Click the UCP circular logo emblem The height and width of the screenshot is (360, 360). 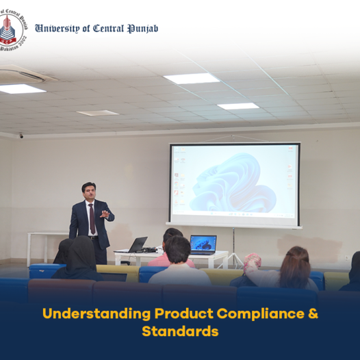pos(12,30)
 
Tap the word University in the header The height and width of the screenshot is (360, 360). pos(57,29)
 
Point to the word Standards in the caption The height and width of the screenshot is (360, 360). pos(180,331)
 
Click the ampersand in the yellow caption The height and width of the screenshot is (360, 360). pos(313,313)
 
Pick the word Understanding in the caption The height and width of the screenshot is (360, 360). pos(97,314)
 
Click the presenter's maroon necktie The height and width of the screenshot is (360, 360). pos(92,218)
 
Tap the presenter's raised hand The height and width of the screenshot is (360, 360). pos(105,214)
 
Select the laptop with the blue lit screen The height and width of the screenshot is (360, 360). pos(203,245)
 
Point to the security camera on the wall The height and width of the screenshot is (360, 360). pos(21,136)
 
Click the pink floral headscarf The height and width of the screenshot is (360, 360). pos(253,262)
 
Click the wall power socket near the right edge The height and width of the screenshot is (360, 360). pos(346,258)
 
